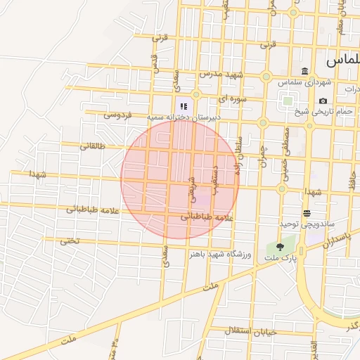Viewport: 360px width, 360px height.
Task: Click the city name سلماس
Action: tap(344, 61)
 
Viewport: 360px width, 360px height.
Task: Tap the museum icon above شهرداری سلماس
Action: tap(304, 71)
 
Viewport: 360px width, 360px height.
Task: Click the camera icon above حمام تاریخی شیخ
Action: tap(323, 101)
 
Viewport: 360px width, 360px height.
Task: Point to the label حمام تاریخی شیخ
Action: tap(333, 111)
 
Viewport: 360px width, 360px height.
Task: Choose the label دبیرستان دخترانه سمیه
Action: tap(184, 116)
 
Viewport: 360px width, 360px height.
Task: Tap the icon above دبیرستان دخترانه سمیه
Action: tap(184, 105)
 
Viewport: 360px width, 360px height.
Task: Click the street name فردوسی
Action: tap(117, 114)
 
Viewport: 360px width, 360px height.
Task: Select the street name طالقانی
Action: tap(92, 146)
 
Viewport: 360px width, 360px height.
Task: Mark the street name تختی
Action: tap(68, 240)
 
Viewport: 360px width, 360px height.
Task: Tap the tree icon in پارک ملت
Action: tap(281, 247)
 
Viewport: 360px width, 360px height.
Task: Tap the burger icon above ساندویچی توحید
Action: tap(307, 213)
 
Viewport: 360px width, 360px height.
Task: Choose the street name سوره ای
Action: tap(231, 99)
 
